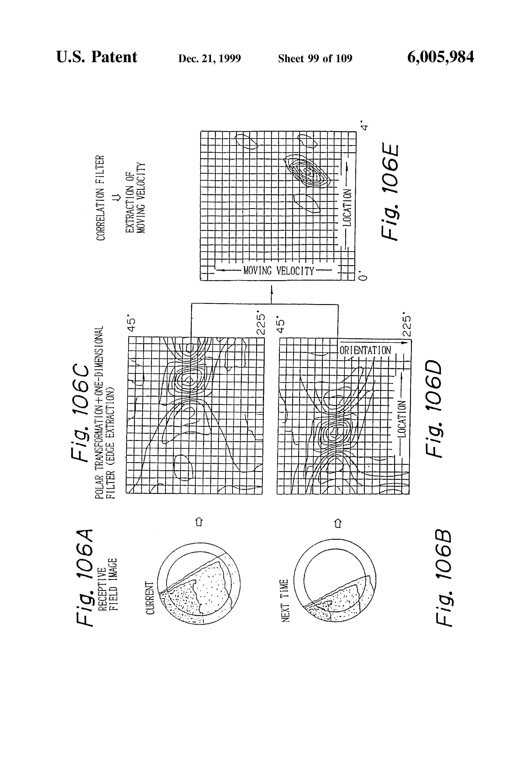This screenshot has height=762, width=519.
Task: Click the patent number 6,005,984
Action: (x=440, y=57)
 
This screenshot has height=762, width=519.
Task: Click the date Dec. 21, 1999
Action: (x=209, y=58)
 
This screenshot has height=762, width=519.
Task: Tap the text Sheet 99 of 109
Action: (x=315, y=58)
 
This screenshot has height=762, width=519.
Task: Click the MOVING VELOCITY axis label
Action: (x=279, y=271)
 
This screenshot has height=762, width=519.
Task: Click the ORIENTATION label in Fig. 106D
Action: (x=365, y=350)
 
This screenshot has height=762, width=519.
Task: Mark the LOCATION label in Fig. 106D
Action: (x=402, y=419)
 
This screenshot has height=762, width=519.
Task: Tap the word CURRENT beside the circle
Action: (x=150, y=598)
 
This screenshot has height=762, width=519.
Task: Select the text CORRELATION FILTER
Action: (x=100, y=197)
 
